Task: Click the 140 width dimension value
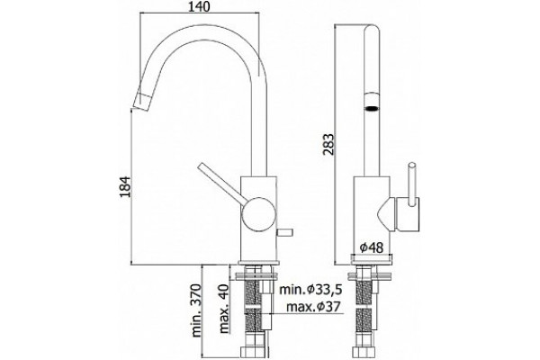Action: [x=199, y=6]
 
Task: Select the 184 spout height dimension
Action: [x=125, y=186]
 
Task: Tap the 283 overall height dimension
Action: [x=328, y=144]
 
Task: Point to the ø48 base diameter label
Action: [x=371, y=247]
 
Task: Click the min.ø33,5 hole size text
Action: [x=310, y=290]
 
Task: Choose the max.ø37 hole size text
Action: [x=313, y=306]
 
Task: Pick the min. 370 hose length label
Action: [x=196, y=310]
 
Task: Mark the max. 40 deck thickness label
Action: [x=224, y=309]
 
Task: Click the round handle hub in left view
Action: [x=258, y=214]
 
